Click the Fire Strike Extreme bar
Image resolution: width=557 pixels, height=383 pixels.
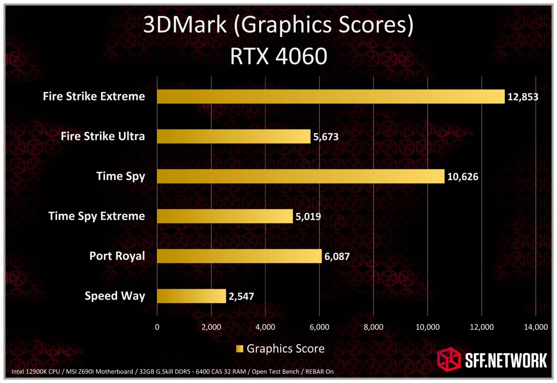[331, 97]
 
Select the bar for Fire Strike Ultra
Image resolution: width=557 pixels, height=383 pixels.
[234, 137]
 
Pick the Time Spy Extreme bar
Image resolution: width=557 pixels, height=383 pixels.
[225, 216]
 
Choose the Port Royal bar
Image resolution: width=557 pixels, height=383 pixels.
[239, 256]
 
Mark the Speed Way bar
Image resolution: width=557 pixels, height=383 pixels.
[191, 296]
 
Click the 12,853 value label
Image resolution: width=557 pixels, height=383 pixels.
[523, 97]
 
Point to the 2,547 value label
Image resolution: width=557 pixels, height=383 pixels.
[241, 297]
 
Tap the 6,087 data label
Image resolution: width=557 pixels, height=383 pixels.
[337, 257]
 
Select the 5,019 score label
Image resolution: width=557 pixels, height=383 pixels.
[308, 217]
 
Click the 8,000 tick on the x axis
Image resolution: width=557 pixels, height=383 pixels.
[373, 327]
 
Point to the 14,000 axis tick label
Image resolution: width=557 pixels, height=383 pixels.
[536, 327]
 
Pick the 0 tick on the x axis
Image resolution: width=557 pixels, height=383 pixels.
[157, 327]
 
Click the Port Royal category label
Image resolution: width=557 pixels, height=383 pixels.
[117, 256]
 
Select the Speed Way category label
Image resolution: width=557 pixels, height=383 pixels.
[115, 296]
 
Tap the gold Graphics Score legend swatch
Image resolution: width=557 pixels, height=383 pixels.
[239, 349]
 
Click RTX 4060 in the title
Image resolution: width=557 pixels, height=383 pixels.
[278, 56]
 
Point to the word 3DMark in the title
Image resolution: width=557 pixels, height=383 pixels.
[185, 25]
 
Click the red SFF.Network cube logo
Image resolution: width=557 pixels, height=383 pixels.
[449, 359]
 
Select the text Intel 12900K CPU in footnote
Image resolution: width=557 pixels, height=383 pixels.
[36, 372]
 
